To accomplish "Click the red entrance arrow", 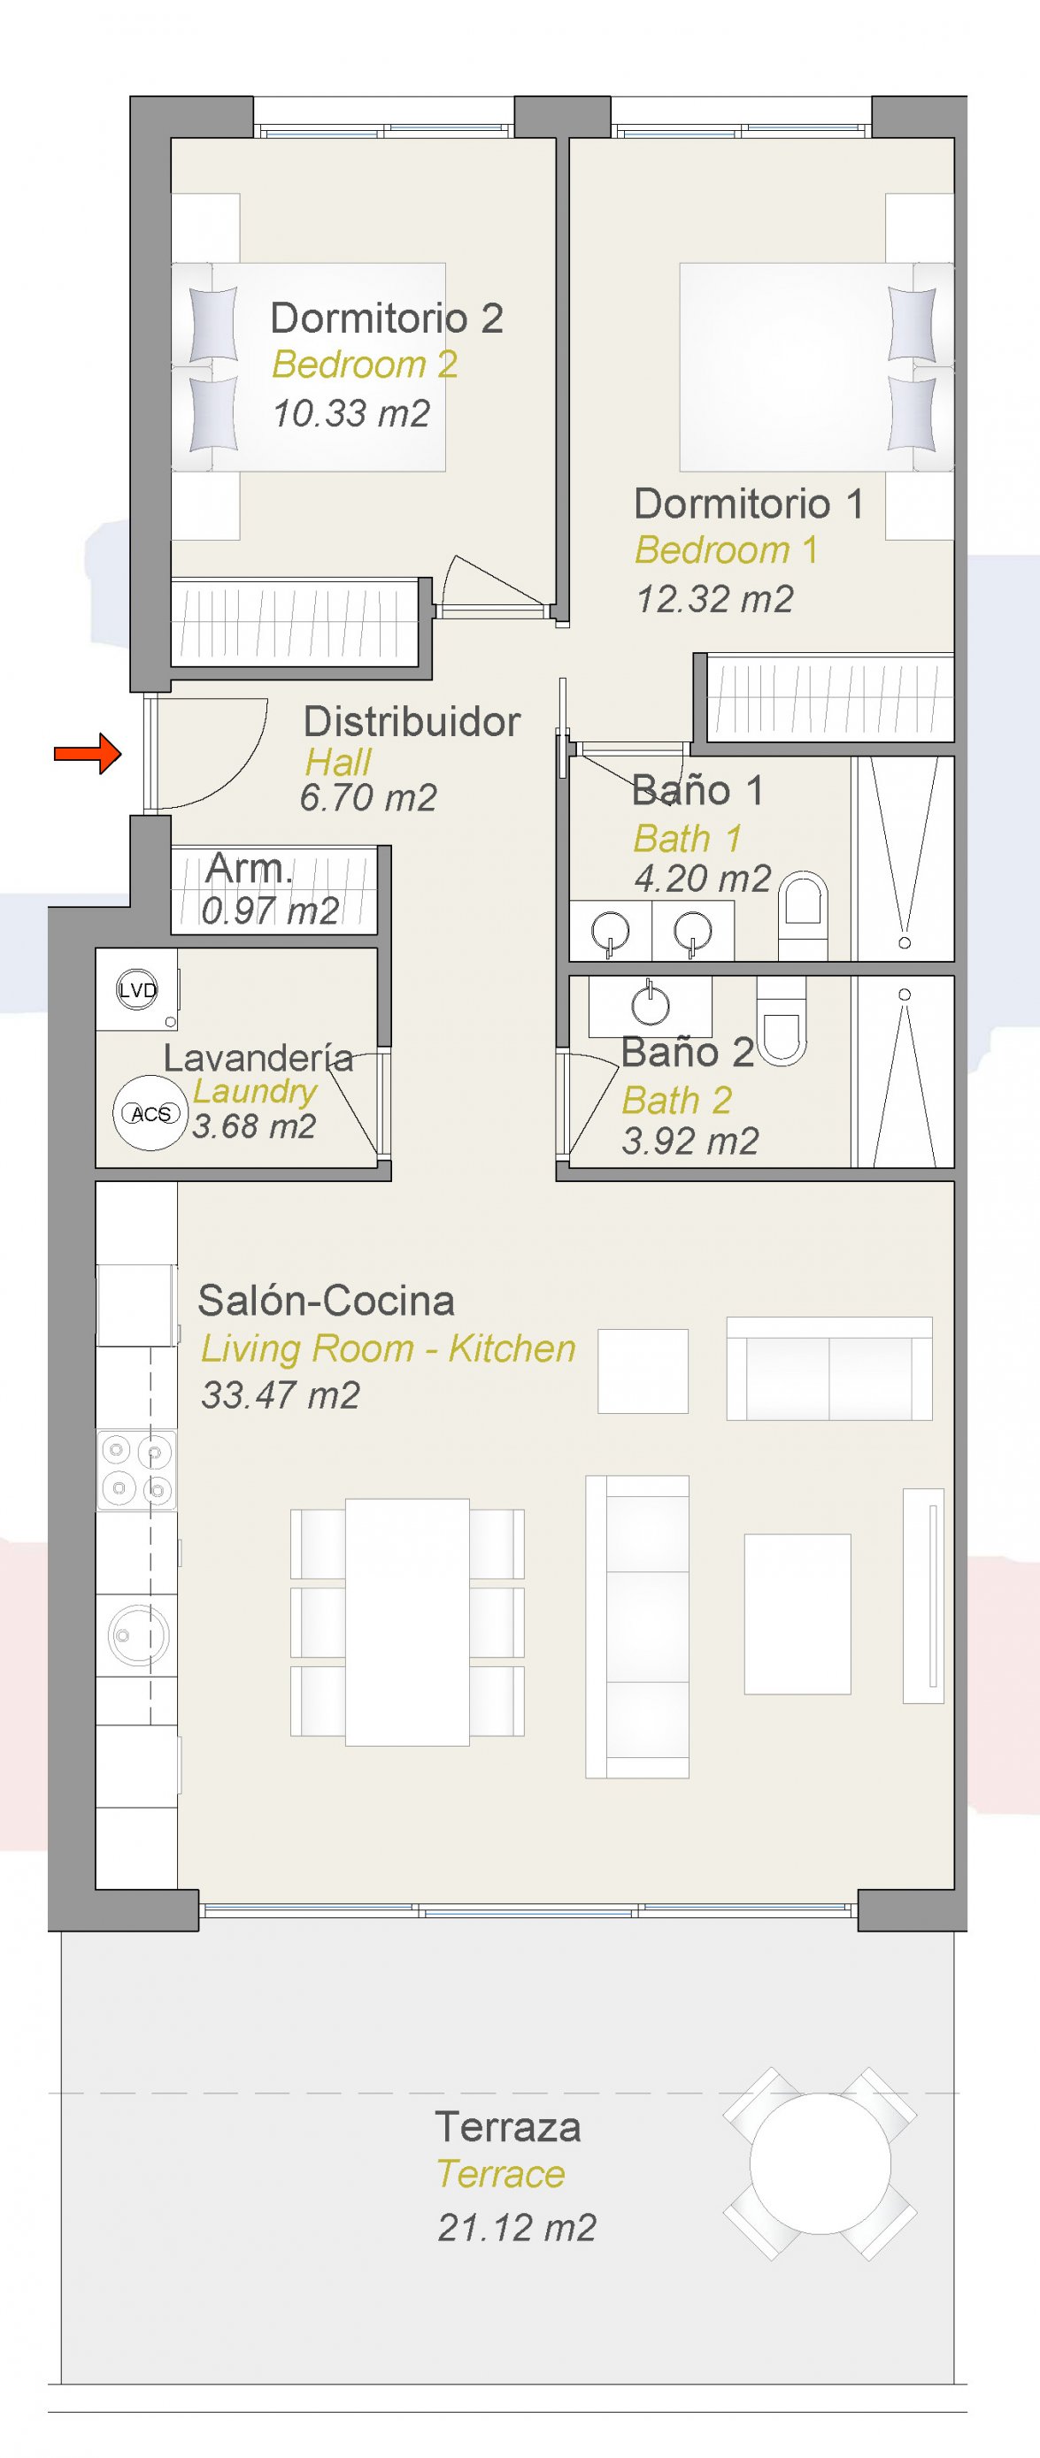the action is point(88,754).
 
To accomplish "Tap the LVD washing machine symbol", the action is point(136,989).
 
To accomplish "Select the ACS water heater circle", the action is point(150,1112).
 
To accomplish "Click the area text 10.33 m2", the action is point(351,413).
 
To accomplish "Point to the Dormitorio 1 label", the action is point(749,503).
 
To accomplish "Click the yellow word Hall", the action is point(338,763).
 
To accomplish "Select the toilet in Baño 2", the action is point(782,1021).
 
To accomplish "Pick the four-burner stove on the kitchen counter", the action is point(136,1471).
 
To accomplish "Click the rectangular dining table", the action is point(407,1622).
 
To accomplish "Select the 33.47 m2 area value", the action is point(281,1395).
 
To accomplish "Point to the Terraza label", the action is point(507,2127).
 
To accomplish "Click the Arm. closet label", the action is point(248,868).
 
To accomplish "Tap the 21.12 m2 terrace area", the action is point(517,2227).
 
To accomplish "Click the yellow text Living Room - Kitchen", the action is point(389,1348).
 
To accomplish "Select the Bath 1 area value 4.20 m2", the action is point(703,879).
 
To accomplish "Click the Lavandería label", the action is point(258,1057).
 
